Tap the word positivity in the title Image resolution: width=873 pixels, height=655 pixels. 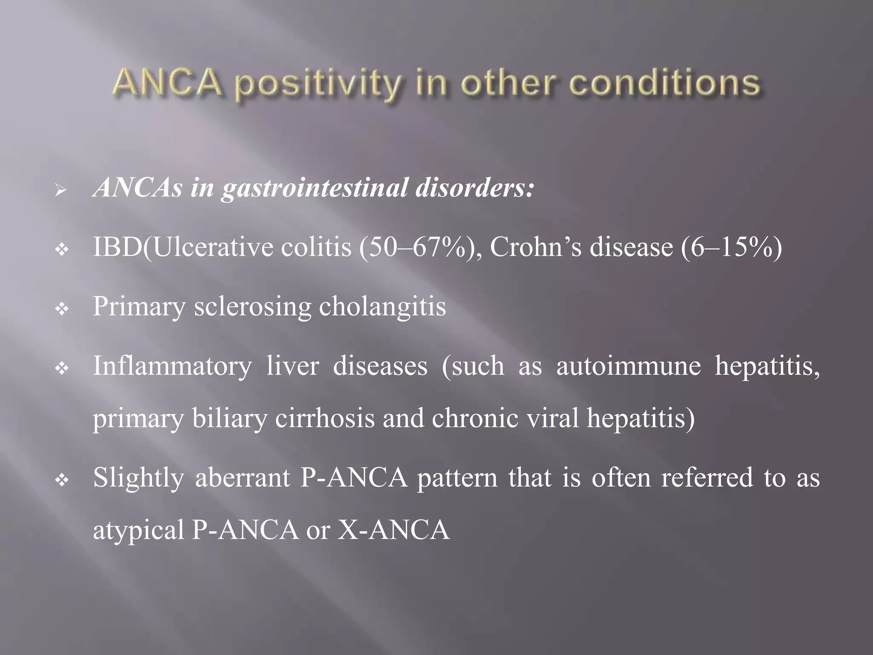pyautogui.click(x=318, y=84)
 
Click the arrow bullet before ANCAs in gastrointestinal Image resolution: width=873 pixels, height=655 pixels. pyautogui.click(x=61, y=190)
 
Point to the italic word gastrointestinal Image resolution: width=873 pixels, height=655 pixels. pyautogui.click(x=314, y=188)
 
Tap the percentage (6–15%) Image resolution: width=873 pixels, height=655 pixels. pyautogui.click(x=731, y=247)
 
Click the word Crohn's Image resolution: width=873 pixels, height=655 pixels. pyautogui.click(x=536, y=247)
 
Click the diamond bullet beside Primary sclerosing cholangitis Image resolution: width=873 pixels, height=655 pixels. pyautogui.click(x=62, y=309)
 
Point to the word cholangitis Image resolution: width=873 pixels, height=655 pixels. pyautogui.click(x=382, y=307)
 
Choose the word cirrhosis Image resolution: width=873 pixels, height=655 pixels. pyautogui.click(x=325, y=419)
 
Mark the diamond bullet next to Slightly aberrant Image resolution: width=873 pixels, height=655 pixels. pyautogui.click(x=62, y=481)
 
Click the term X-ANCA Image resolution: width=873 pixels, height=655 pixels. pyautogui.click(x=393, y=530)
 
